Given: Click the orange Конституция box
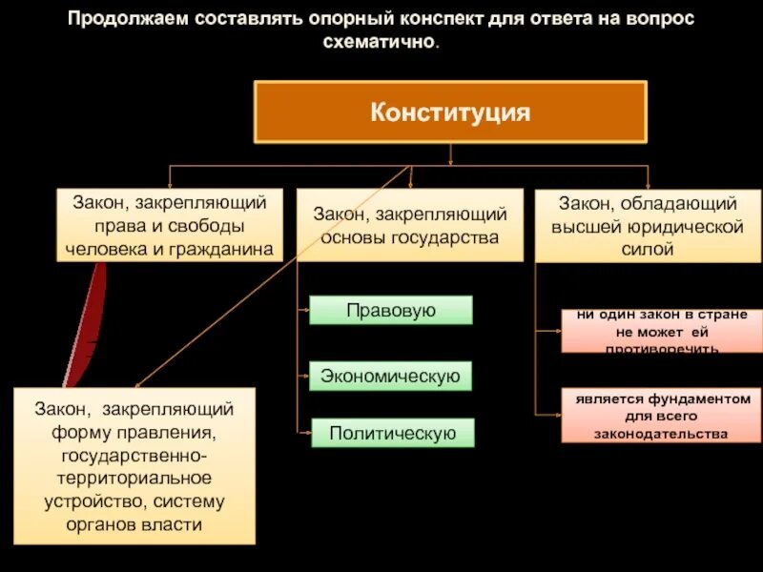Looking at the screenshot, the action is pos(449,112).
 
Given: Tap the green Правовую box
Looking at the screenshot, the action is pos(391,310).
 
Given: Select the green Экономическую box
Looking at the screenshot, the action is pos(391,377).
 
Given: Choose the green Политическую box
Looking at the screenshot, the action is pos(391,433).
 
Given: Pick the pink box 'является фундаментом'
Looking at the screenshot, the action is pos(661,416).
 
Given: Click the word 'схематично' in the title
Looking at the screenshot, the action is pos(380,44).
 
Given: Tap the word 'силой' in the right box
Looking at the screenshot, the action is pos(649,250).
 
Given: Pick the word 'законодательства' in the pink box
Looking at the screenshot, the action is pos(661,434).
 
